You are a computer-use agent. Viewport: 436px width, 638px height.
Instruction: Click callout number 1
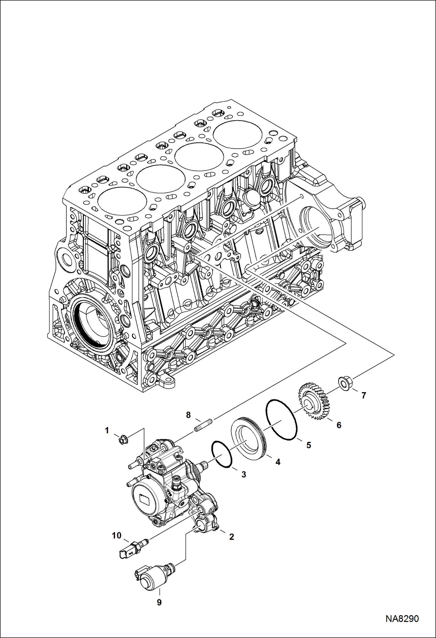point(107,430)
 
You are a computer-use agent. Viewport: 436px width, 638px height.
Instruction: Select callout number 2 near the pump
point(231,537)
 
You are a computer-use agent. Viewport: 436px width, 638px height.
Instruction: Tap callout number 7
point(364,395)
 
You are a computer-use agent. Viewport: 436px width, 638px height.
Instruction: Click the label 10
point(117,535)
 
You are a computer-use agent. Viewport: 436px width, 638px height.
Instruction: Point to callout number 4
point(278,462)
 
